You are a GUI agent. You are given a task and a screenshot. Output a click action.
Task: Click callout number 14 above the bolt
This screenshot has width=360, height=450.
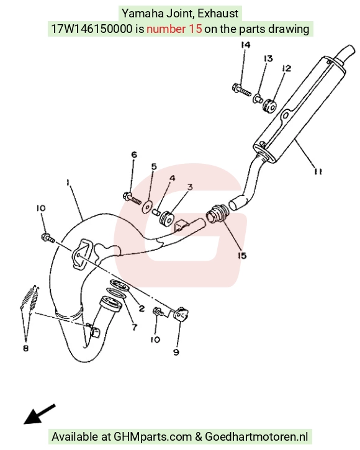click(x=245, y=45)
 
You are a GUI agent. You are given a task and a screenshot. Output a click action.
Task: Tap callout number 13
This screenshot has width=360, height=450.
click(x=268, y=58)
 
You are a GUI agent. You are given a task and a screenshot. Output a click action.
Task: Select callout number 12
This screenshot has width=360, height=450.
click(x=287, y=68)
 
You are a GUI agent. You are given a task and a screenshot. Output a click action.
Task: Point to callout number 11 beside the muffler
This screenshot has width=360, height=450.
click(x=318, y=171)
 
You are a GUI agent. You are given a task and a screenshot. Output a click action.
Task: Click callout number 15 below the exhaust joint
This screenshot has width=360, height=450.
click(x=242, y=255)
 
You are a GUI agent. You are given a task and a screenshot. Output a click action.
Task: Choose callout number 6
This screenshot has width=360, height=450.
click(x=134, y=155)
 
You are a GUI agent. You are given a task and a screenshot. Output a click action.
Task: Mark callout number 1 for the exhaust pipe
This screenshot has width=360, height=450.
click(x=68, y=182)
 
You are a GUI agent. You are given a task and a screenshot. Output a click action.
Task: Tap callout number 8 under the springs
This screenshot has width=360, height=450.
click(x=26, y=348)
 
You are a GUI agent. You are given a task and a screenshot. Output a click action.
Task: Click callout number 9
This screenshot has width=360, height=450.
click(x=176, y=352)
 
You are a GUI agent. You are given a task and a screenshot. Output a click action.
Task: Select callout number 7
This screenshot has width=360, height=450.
click(x=134, y=326)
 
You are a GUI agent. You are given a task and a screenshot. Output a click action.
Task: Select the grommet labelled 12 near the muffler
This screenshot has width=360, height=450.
click(x=269, y=106)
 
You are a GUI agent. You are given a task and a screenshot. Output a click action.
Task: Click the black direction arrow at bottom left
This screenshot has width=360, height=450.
click(x=39, y=414)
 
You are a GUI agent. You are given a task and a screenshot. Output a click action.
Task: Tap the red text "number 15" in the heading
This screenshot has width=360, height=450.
click(x=174, y=29)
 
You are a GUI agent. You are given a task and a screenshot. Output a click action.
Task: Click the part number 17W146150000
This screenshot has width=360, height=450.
click(x=92, y=29)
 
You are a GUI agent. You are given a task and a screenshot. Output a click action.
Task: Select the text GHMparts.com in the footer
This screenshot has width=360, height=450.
click(x=153, y=437)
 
